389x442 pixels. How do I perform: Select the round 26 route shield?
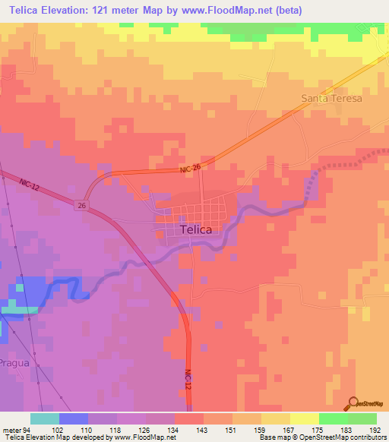(x=81, y=204)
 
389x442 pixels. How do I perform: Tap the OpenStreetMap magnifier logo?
(x=354, y=403)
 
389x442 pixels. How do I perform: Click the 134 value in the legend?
(x=174, y=430)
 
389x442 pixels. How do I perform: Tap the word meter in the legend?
(x=13, y=430)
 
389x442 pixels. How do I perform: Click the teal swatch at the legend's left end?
(x=44, y=418)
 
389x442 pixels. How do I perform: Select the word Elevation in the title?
(x=71, y=11)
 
